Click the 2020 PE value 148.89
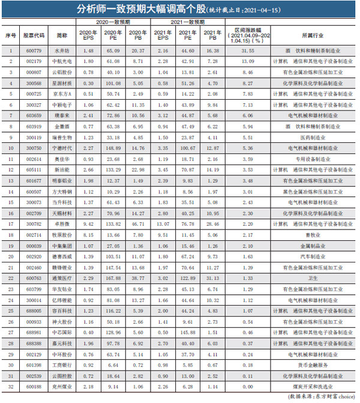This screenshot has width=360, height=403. click(x=113, y=147)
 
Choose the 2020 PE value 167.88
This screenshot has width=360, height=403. click(x=113, y=278)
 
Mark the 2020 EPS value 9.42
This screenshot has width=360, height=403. click(x=88, y=224)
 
